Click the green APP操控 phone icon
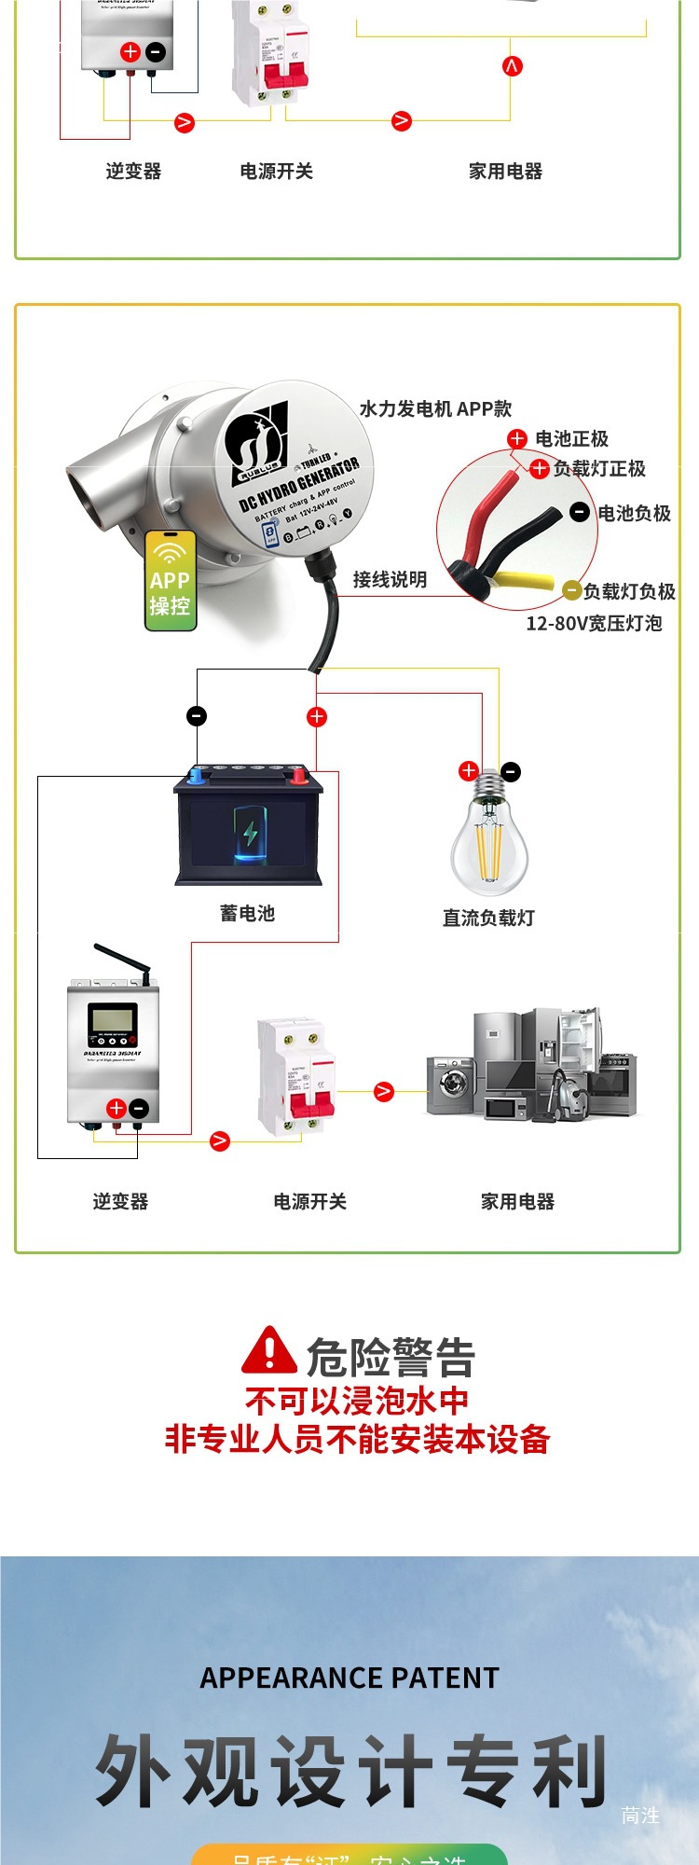171,581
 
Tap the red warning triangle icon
268,1351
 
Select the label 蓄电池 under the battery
247,914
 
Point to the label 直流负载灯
488,919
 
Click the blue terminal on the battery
197,774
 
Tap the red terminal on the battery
298,774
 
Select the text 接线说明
390,580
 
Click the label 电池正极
571,439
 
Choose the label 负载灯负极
629,591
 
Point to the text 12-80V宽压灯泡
594,624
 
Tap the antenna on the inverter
123,962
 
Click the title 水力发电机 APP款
435,408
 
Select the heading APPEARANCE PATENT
349,1678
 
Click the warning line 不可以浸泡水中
357,1401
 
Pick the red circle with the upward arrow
512,66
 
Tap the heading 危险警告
391,1357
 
